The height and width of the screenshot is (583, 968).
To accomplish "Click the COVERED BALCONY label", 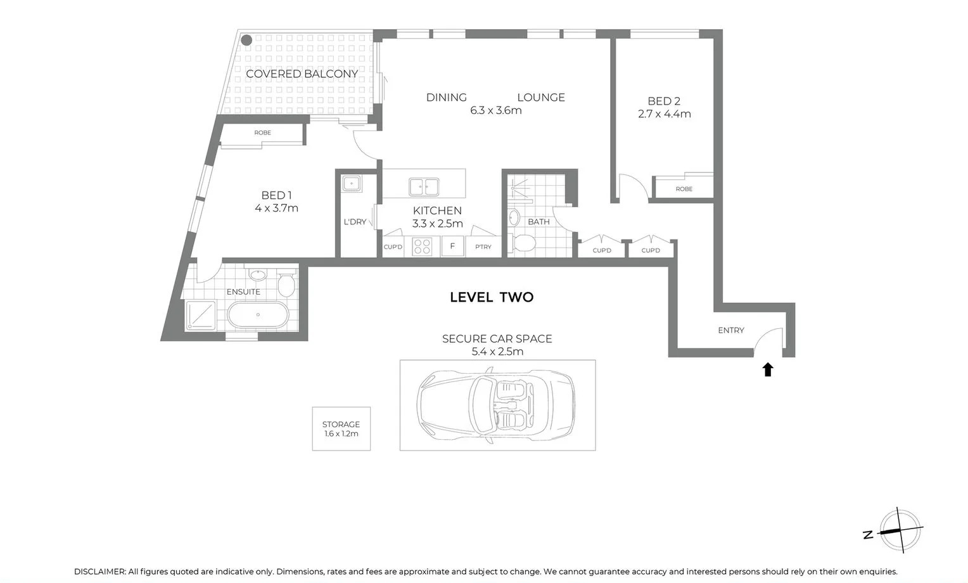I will pyautogui.click(x=302, y=74).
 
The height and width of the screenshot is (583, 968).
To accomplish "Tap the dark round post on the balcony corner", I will pyautogui.click(x=246, y=39).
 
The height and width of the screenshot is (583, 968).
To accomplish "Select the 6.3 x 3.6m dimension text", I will pyautogui.click(x=495, y=110).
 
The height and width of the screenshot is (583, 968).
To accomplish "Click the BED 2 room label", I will pyautogui.click(x=663, y=101).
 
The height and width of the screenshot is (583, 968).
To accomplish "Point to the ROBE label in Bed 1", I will pyautogui.click(x=262, y=132).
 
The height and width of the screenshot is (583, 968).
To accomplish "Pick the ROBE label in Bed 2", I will pyautogui.click(x=684, y=189).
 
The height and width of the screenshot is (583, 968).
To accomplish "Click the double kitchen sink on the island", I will pyautogui.click(x=424, y=186).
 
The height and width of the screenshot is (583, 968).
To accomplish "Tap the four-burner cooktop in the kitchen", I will pyautogui.click(x=422, y=247).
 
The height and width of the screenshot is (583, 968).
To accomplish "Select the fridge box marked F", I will pyautogui.click(x=452, y=247).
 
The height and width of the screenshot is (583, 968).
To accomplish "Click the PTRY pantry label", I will pyautogui.click(x=483, y=247).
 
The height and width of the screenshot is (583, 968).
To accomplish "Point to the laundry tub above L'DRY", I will pyautogui.click(x=351, y=184).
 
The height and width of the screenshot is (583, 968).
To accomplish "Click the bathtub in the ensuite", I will pyautogui.click(x=258, y=315).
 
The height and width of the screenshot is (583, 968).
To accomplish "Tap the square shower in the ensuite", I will pyautogui.click(x=201, y=315).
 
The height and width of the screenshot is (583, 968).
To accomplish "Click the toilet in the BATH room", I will pyautogui.click(x=524, y=243).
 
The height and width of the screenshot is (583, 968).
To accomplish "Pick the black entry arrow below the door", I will pyautogui.click(x=768, y=369).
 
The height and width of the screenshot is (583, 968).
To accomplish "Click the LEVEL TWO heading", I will pyautogui.click(x=492, y=297).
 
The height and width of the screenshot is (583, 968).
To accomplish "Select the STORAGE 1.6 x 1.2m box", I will pyautogui.click(x=341, y=429).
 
